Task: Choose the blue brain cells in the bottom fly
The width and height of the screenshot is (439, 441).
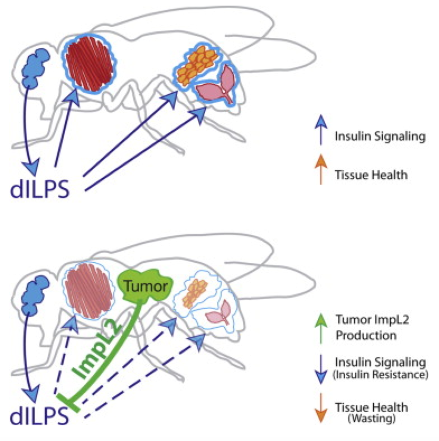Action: (35, 295)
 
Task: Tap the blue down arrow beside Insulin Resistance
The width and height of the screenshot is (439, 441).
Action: (321, 370)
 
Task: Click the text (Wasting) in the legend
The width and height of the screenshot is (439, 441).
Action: (371, 419)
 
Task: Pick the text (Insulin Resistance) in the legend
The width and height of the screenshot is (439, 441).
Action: (380, 375)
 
